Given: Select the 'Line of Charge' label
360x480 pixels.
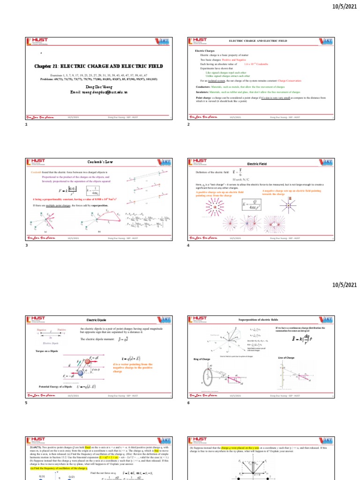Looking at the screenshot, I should point(286,359).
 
